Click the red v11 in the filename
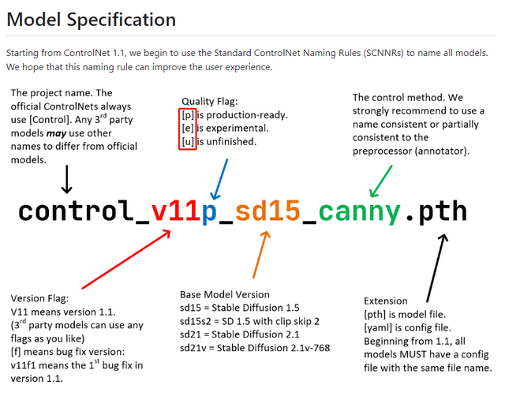coord(175,211)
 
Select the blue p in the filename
coord(210,211)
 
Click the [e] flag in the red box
coord(188,127)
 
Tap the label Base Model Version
coord(222,293)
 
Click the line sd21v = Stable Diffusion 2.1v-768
coord(254,347)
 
